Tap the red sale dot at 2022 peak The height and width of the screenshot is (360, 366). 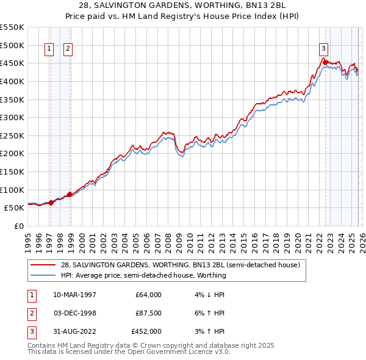(325, 62)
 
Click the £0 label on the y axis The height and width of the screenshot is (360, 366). (20, 226)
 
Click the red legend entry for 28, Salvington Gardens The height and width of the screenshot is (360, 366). (180, 265)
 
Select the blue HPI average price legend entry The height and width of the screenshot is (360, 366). (143, 275)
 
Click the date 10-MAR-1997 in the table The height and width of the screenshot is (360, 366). (74, 295)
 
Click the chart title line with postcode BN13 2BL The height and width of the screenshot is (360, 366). (183, 7)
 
